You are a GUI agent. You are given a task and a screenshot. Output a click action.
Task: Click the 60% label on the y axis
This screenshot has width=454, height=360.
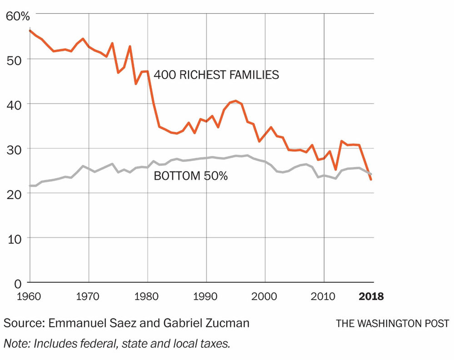[x=18, y=16]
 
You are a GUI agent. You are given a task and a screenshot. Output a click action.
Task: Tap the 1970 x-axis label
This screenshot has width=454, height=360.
[x=89, y=297]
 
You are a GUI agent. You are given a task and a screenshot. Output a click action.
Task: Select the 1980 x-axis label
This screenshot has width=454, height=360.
[x=147, y=297]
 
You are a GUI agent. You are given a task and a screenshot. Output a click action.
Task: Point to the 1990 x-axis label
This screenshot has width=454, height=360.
[x=206, y=297]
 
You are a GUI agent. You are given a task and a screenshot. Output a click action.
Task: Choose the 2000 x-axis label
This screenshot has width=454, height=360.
[x=265, y=297]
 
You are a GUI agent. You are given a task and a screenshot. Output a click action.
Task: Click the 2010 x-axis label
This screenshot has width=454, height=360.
[x=324, y=297]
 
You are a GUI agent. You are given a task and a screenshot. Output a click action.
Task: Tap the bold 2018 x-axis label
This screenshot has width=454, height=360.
[x=371, y=297]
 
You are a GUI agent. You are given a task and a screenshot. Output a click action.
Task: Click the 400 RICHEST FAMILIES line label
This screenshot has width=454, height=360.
[x=216, y=74]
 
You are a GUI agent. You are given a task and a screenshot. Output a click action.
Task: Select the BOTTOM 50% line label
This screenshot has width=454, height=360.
[x=190, y=176]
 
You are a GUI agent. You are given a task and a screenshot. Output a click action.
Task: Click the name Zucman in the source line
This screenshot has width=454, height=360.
[x=229, y=323]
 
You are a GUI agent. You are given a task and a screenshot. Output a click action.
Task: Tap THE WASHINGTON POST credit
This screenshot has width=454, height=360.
[x=392, y=324]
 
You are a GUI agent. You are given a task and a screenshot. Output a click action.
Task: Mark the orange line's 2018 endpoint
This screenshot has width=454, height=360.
[x=371, y=180]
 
